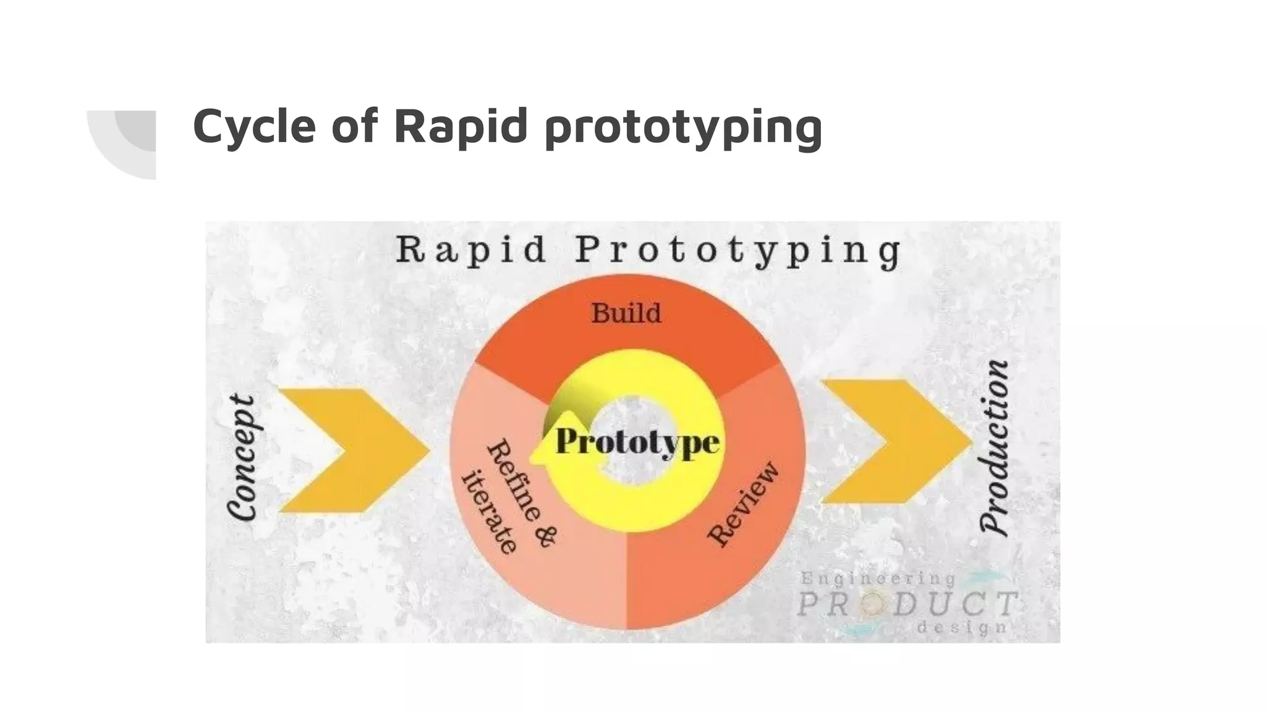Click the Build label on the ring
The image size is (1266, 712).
[626, 313]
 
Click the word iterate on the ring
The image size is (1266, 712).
[490, 514]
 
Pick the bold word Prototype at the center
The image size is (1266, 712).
[637, 443]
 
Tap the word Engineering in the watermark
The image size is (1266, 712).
[878, 579]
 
